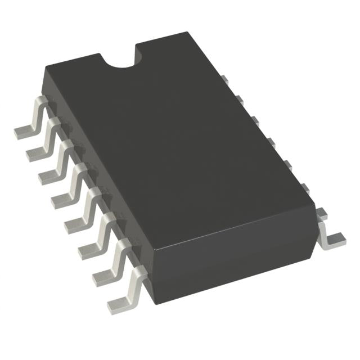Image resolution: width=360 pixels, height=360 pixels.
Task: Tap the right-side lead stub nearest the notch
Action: point(223,80)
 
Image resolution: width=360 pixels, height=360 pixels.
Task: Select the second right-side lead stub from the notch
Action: point(238,100)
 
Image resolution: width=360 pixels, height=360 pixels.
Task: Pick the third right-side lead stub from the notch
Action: point(254,119)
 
